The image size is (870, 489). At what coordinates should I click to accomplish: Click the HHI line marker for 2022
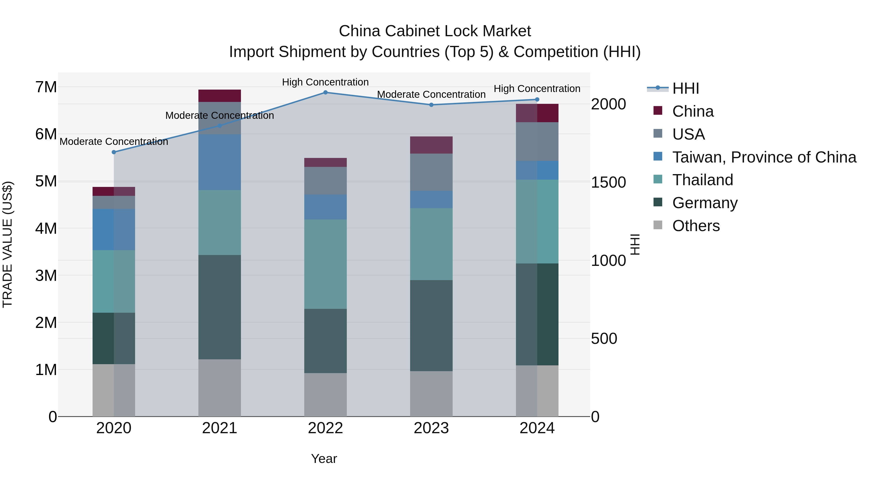(325, 92)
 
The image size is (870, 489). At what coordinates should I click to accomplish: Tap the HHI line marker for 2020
(114, 152)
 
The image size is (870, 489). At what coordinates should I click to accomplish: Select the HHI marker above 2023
(431, 105)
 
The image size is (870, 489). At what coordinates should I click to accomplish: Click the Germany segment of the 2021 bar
(219, 307)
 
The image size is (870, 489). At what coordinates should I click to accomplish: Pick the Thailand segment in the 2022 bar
(325, 264)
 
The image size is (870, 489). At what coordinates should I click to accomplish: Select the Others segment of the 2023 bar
(431, 394)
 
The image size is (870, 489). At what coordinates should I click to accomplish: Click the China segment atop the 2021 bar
(219, 96)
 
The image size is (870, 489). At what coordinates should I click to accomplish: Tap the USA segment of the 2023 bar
(431, 172)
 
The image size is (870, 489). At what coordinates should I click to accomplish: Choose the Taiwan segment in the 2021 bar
(219, 162)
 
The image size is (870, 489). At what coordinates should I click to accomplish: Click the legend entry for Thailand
(703, 180)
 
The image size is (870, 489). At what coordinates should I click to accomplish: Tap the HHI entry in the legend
(685, 88)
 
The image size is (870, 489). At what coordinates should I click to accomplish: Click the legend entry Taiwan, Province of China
(764, 157)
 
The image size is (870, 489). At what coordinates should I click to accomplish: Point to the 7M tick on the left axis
(46, 87)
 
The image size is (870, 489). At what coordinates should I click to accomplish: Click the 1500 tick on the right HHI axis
(608, 182)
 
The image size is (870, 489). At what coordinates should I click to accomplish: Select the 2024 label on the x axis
(537, 428)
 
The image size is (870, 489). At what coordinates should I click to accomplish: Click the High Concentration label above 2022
(325, 82)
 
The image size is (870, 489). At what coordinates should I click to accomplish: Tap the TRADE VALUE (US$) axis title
(7, 245)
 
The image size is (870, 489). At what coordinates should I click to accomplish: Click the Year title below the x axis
(324, 459)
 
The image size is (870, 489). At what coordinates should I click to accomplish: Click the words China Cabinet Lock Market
(435, 31)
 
